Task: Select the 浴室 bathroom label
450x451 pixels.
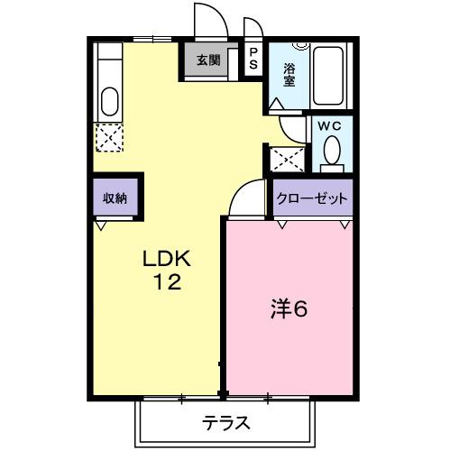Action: tap(289, 74)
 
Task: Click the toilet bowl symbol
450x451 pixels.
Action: tap(332, 149)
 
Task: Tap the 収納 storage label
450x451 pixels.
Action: tap(114, 198)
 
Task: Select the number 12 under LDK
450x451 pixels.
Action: tap(167, 282)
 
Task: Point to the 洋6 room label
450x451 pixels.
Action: tap(289, 309)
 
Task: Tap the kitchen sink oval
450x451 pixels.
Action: tap(110, 101)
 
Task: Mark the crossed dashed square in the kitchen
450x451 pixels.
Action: tap(109, 137)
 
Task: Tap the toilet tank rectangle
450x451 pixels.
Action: tap(332, 168)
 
